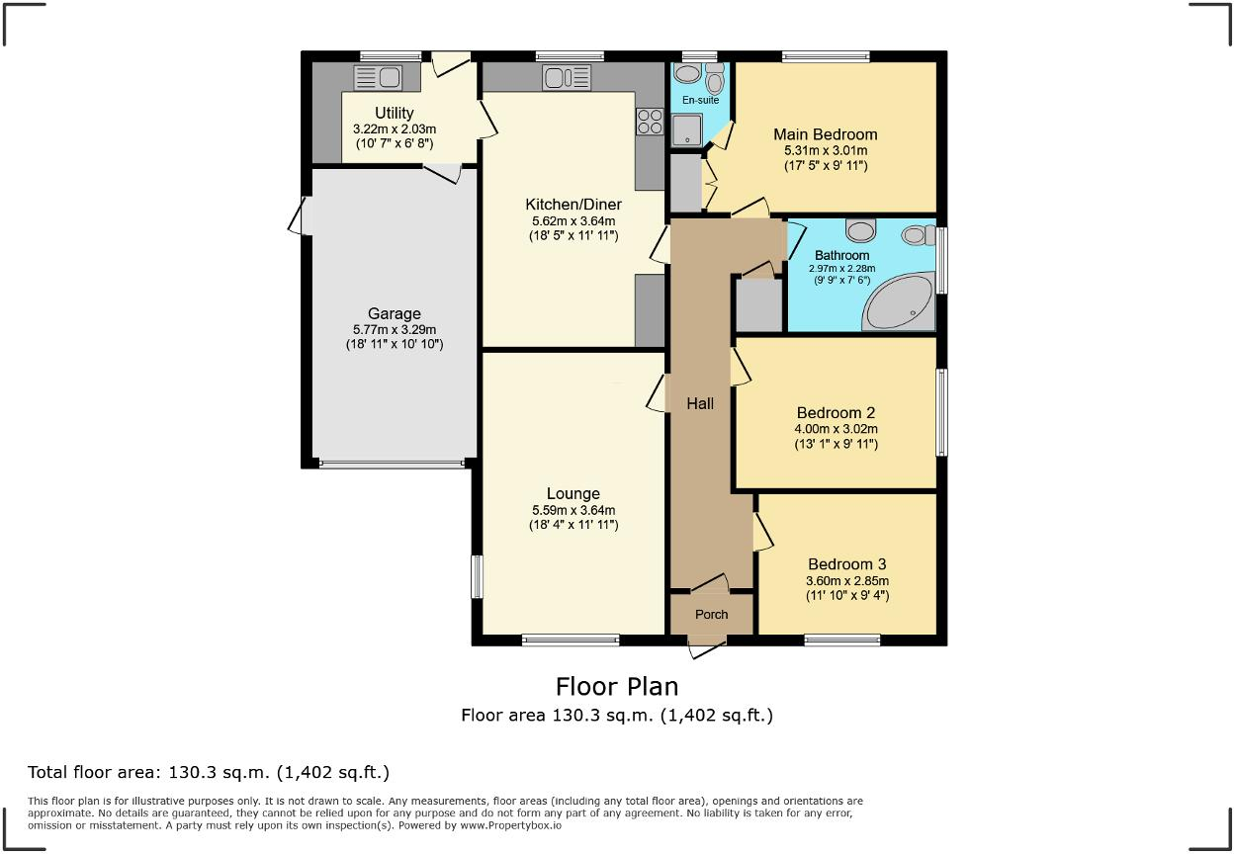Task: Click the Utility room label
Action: (x=394, y=113)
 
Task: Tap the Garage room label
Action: (x=394, y=314)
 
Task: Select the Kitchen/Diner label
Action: (x=573, y=205)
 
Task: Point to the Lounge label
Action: (x=573, y=493)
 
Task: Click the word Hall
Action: (x=700, y=403)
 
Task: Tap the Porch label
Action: (x=711, y=615)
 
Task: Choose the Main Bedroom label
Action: (x=826, y=134)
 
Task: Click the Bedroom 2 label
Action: (x=836, y=413)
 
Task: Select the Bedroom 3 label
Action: (x=847, y=564)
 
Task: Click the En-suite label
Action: (x=700, y=100)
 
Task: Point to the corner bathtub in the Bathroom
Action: (x=898, y=302)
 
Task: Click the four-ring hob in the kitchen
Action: (x=650, y=122)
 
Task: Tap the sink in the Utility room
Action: (x=378, y=78)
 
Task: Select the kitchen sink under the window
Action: (x=567, y=78)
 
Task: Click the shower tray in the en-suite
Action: (x=686, y=130)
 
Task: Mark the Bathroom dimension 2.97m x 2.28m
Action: (x=841, y=269)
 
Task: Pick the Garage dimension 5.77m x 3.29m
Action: (x=395, y=330)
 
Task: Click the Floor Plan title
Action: (x=617, y=687)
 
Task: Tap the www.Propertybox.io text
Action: (x=510, y=825)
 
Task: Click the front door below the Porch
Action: (x=707, y=648)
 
